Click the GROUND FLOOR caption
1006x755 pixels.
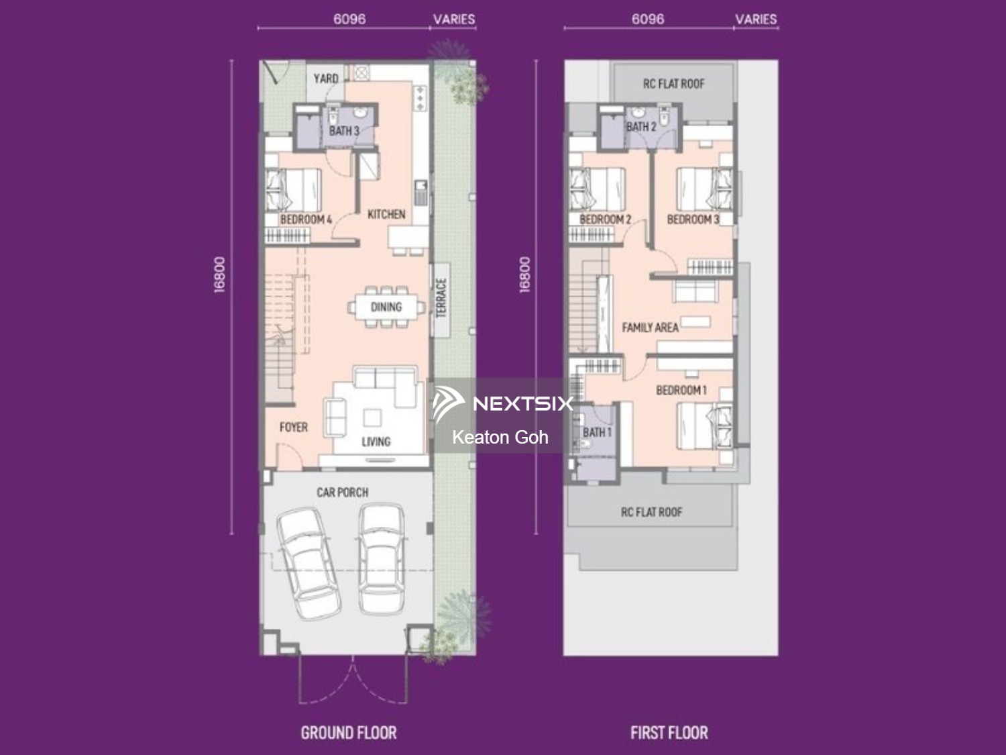click(x=349, y=733)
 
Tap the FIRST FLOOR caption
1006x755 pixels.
click(x=669, y=733)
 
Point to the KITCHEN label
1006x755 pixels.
click(x=386, y=214)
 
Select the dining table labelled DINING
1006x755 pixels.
click(x=386, y=307)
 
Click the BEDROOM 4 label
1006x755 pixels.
click(x=306, y=219)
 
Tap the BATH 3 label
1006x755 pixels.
click(x=344, y=131)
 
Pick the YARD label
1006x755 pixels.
click(x=326, y=79)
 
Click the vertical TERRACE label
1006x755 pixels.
click(x=441, y=298)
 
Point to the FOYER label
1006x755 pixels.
click(x=294, y=427)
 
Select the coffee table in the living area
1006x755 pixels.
click(x=372, y=417)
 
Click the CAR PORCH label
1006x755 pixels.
click(x=342, y=493)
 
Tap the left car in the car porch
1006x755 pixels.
click(x=309, y=563)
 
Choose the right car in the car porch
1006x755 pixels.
click(x=382, y=559)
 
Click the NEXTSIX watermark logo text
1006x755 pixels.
click(x=523, y=403)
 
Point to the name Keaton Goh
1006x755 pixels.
click(x=500, y=438)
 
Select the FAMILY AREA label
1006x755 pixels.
click(x=650, y=328)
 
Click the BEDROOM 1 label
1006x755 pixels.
click(x=681, y=391)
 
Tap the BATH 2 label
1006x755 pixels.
click(x=641, y=127)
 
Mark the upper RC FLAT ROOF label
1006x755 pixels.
click(x=674, y=84)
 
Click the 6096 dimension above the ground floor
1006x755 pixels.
click(x=349, y=19)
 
